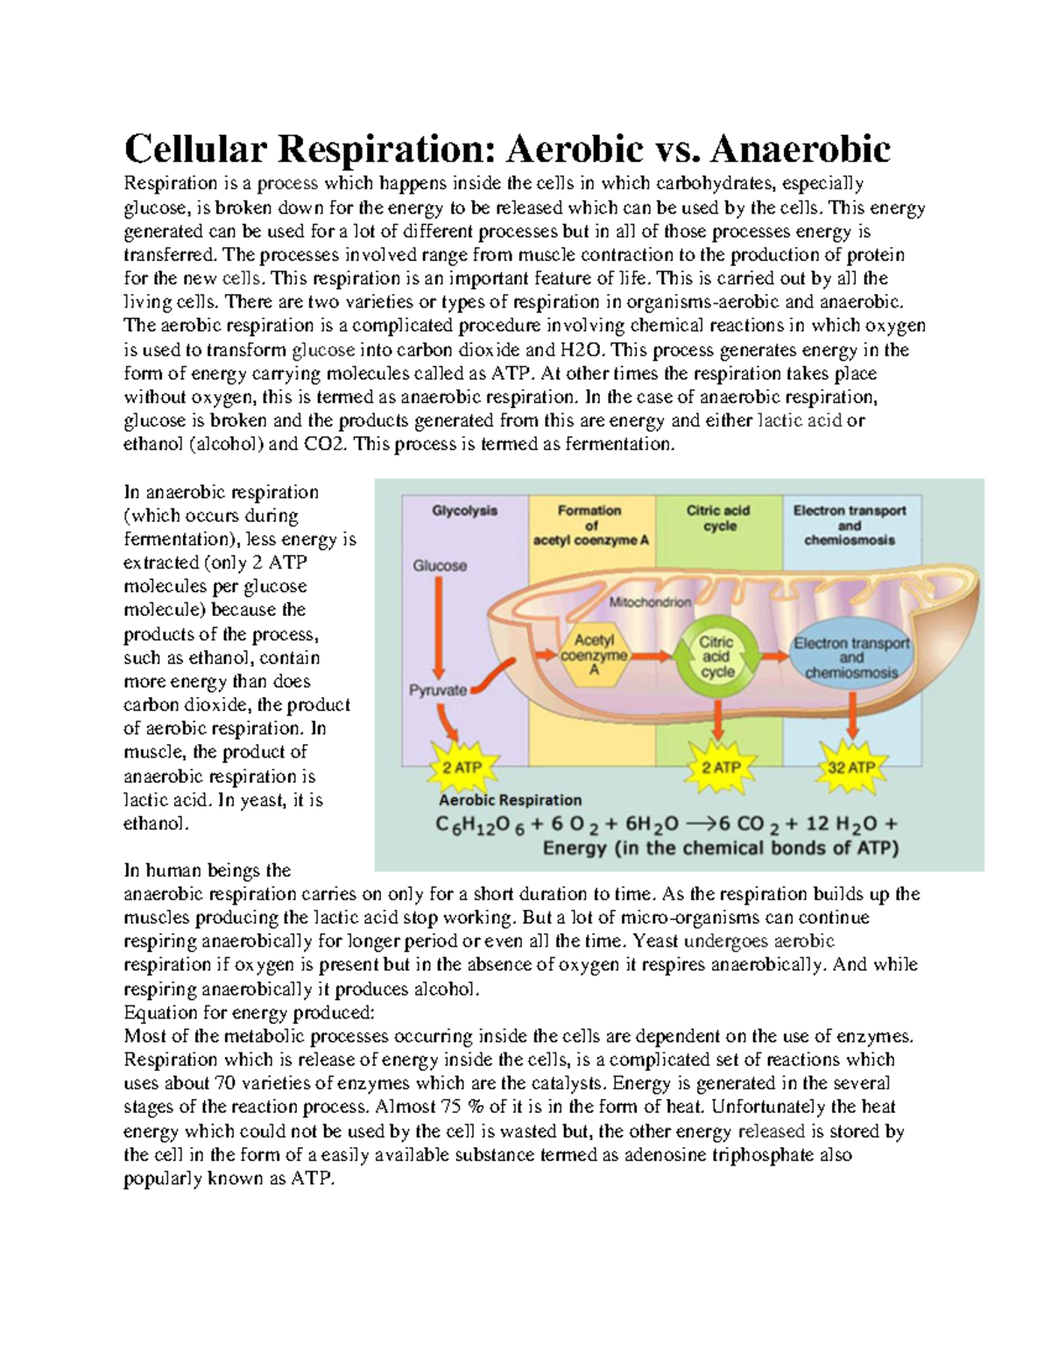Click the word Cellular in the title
pyautogui.click(x=195, y=149)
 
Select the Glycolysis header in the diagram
pyautogui.click(x=464, y=511)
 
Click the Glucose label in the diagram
pyautogui.click(x=440, y=566)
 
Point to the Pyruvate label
pyautogui.click(x=438, y=690)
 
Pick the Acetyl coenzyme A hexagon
pyautogui.click(x=594, y=656)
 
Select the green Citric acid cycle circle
pyautogui.click(x=717, y=657)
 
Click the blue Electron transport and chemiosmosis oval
pyautogui.click(x=850, y=658)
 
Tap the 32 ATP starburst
pyautogui.click(x=851, y=767)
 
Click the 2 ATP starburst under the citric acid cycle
pyautogui.click(x=721, y=767)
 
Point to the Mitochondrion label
pyautogui.click(x=650, y=602)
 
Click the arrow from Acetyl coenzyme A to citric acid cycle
pyautogui.click(x=651, y=656)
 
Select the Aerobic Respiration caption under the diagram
pyautogui.click(x=510, y=800)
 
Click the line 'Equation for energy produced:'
pyautogui.click(x=249, y=1012)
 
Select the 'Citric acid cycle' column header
pyautogui.click(x=718, y=518)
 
